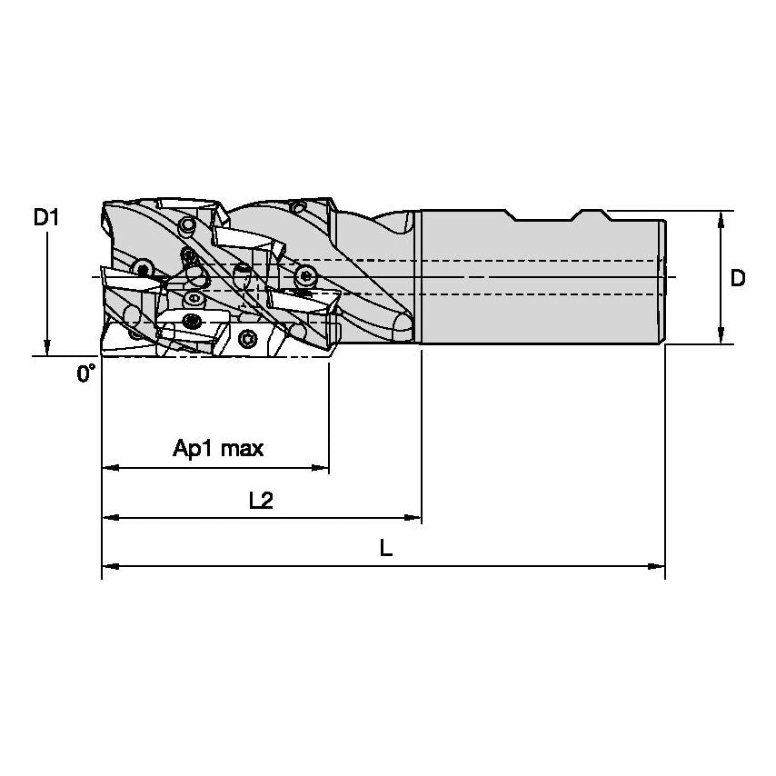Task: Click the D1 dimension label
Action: [x=46, y=217]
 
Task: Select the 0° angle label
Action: [x=85, y=373]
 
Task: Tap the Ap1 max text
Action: [x=218, y=448]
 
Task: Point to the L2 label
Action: [x=261, y=499]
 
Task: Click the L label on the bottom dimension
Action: [x=386, y=548]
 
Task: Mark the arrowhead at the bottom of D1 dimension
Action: [x=46, y=348]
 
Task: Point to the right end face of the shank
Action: [x=665, y=278]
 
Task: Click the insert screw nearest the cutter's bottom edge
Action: [x=251, y=339]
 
